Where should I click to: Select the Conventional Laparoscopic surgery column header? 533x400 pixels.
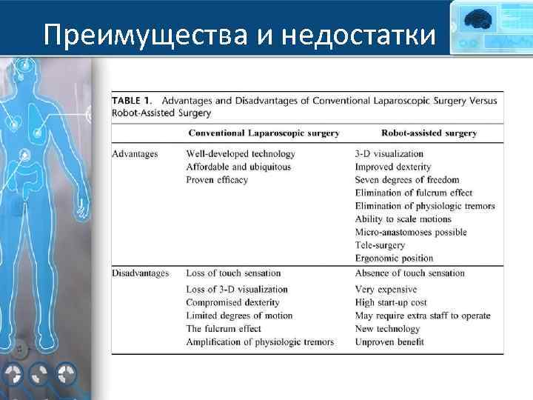[264, 133]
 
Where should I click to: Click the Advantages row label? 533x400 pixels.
[135, 154]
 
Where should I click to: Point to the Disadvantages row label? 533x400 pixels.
[141, 273]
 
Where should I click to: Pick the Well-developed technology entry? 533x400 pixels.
[241, 154]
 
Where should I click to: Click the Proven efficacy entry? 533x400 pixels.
[217, 180]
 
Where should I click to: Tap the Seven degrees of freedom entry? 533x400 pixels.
[406, 180]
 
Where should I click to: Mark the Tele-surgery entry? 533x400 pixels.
[380, 245]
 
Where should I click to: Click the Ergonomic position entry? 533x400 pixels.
[394, 259]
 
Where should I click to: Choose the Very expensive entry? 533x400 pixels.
[385, 290]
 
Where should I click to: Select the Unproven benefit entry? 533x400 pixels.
[389, 341]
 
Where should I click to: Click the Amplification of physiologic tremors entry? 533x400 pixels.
[260, 341]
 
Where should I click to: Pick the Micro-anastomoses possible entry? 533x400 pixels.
[411, 233]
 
